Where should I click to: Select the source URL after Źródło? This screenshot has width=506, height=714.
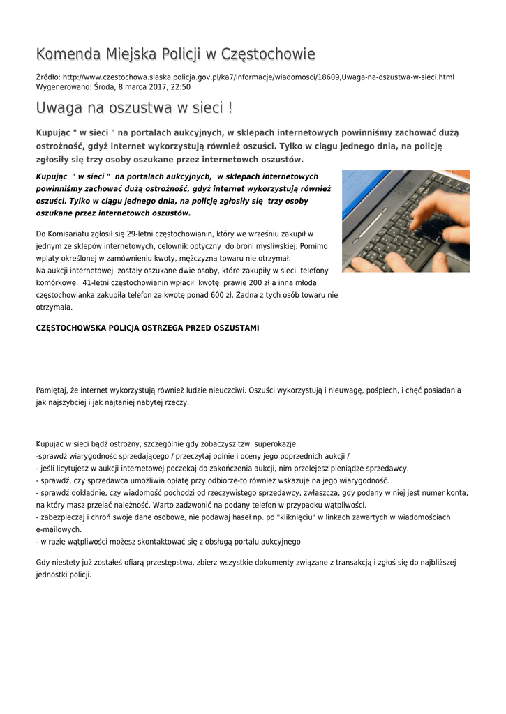pos(258,77)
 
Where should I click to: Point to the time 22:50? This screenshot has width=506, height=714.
pos(181,87)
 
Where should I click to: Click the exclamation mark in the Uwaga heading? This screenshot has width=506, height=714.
pos(230,109)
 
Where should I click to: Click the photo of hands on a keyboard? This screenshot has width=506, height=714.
pos(405,221)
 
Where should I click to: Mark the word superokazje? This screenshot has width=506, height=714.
pos(276,443)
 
